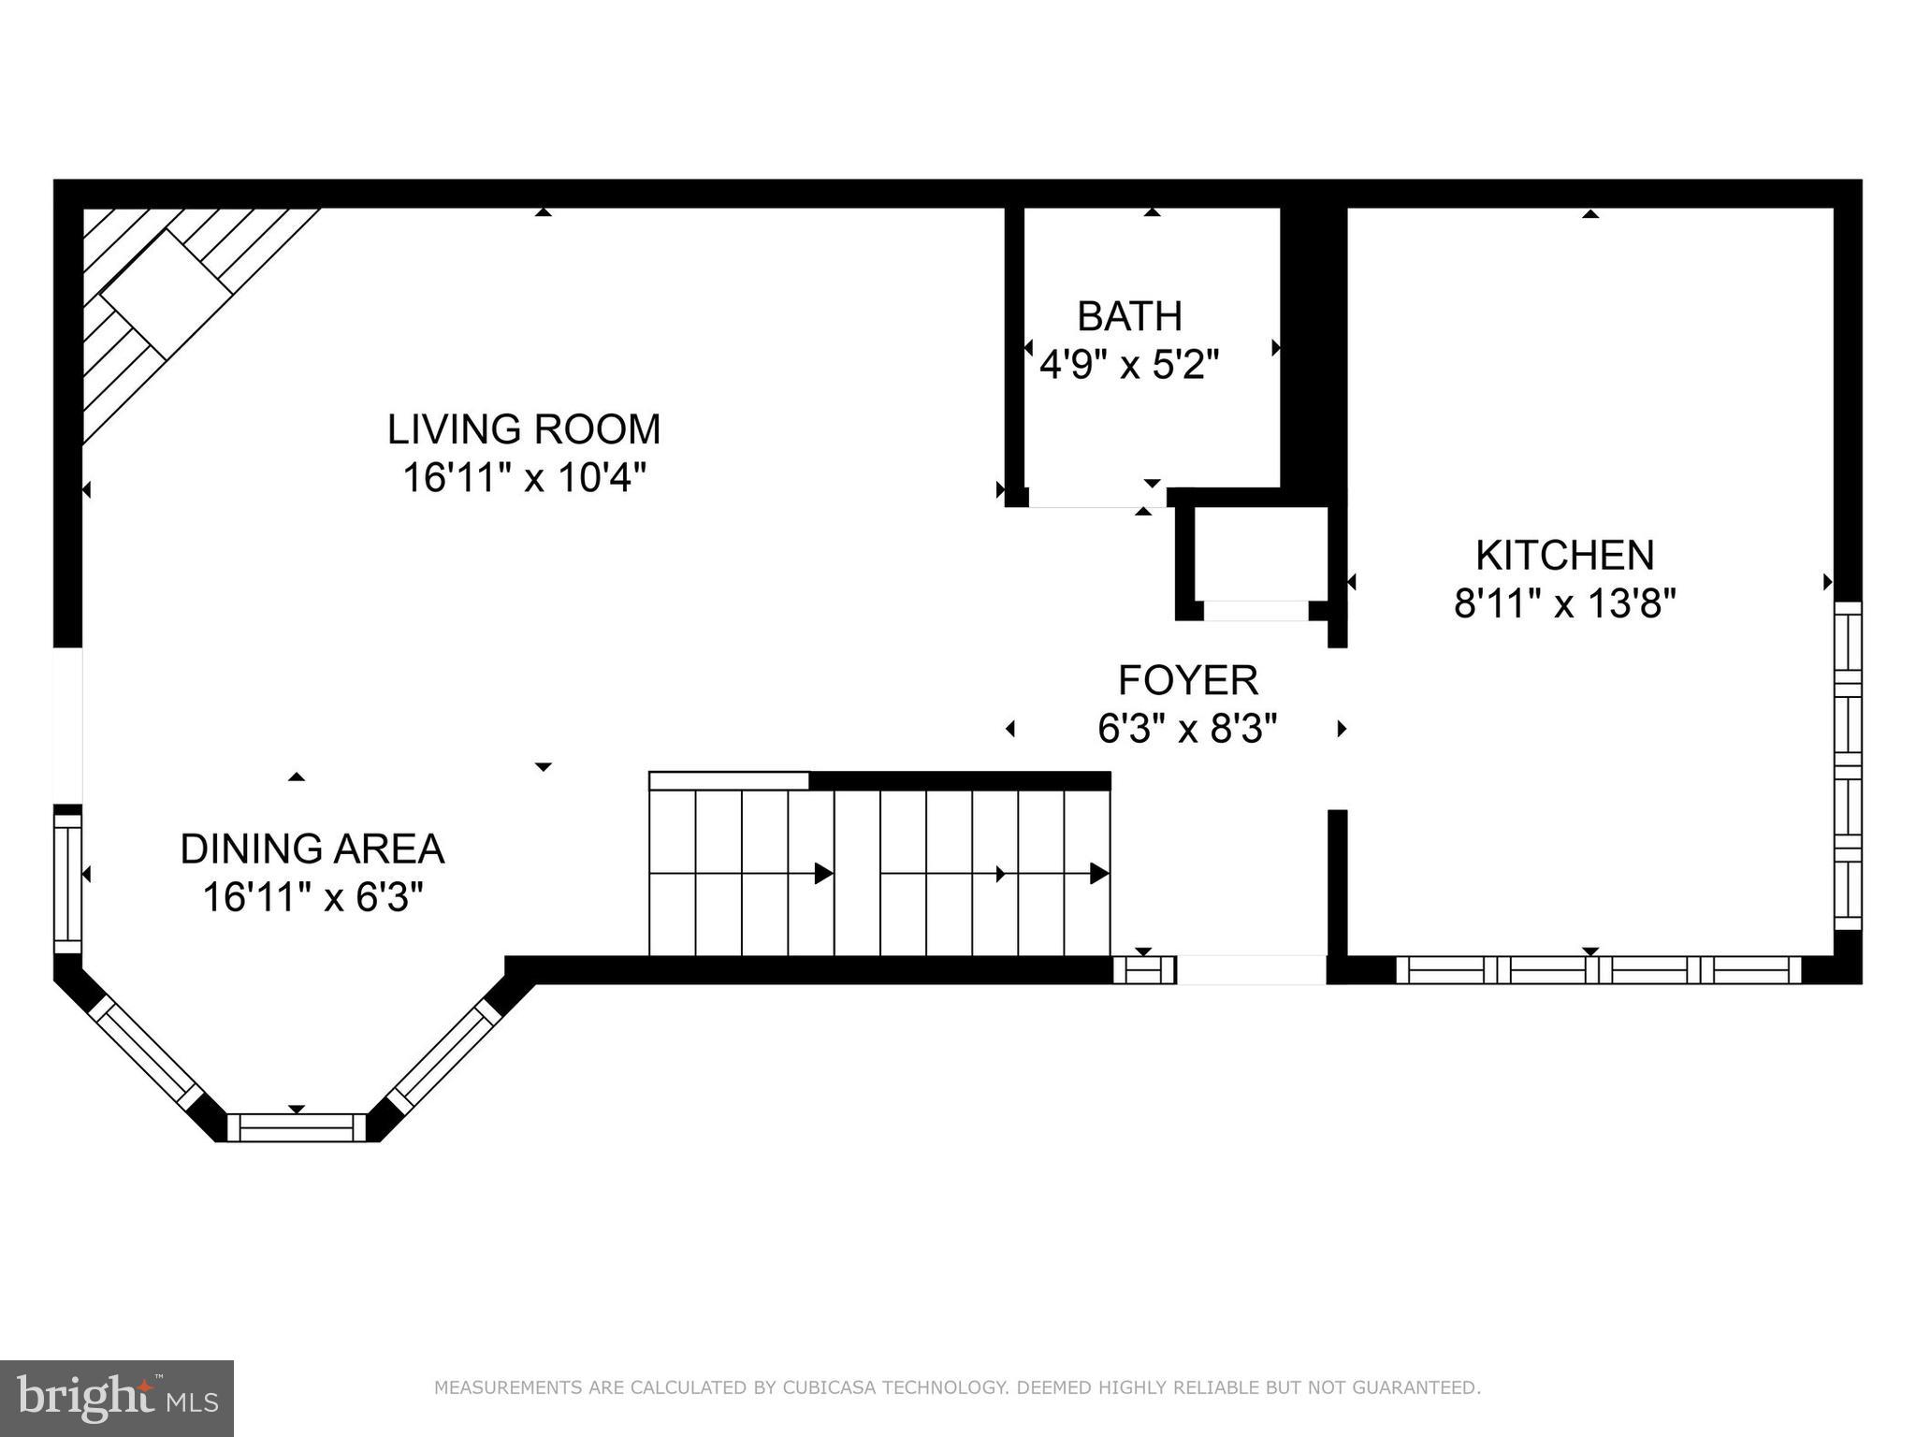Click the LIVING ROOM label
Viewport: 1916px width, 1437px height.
pos(524,429)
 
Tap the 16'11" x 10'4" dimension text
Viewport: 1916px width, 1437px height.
pos(524,478)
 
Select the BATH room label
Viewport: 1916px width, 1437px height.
pos(1129,316)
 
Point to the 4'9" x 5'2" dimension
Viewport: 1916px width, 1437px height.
pos(1129,365)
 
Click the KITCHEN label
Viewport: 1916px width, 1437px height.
pos(1564,555)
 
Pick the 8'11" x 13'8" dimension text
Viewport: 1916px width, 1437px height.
pos(1564,603)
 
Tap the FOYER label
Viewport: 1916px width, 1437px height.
pos(1188,680)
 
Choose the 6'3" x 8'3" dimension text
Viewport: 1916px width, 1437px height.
pos(1188,728)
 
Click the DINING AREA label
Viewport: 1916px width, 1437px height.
pos(312,849)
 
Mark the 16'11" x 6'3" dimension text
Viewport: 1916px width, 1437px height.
pos(312,898)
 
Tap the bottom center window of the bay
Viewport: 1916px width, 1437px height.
pos(297,1127)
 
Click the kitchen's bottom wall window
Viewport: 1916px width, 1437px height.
pos(1598,969)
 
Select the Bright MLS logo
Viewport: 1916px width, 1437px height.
pos(116,1398)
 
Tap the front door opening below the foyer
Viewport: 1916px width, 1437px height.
pos(1251,969)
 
